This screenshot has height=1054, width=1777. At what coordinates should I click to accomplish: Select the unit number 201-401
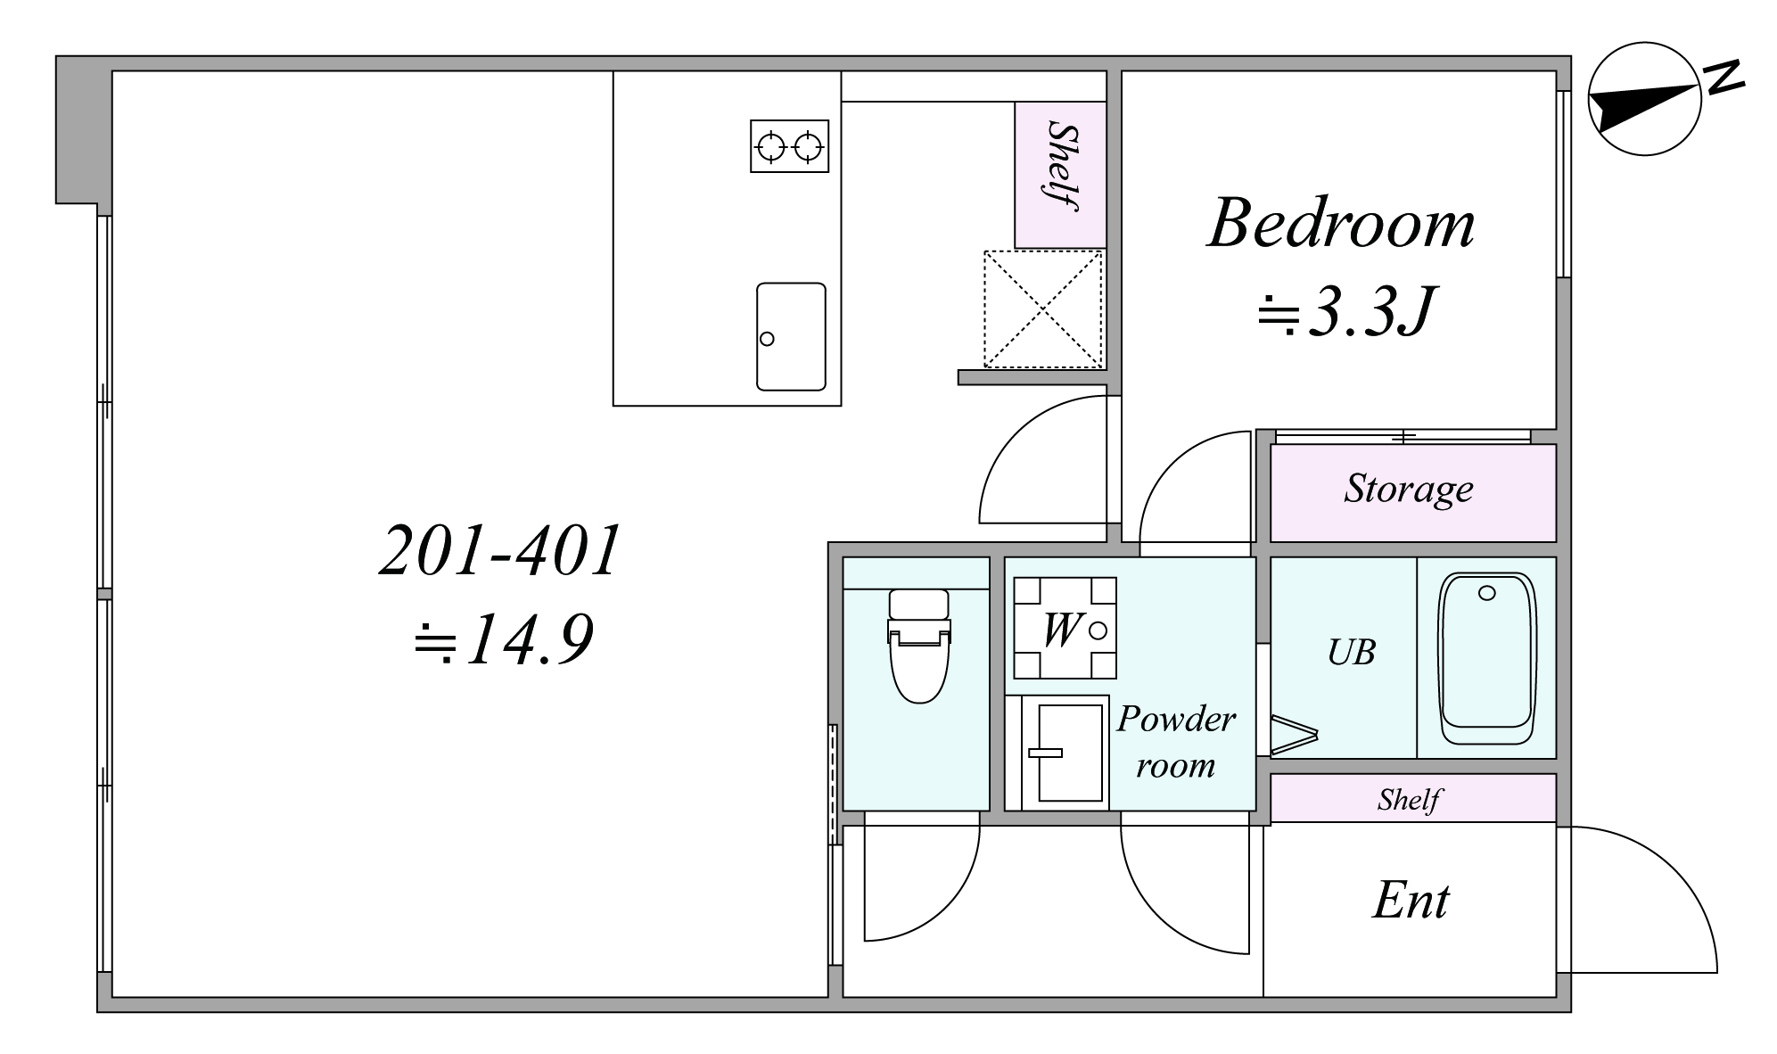500,550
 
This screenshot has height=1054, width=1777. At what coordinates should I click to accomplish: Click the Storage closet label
1409,490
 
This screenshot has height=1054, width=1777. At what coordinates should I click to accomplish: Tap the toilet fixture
919,645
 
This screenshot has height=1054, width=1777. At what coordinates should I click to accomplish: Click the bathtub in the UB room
1486,659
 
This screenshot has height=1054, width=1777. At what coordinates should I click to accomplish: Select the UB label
1351,653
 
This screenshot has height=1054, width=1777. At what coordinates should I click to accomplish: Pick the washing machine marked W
1065,629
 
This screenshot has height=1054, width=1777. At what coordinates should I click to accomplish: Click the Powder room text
1176,742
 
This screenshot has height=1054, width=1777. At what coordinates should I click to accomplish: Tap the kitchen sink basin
791,336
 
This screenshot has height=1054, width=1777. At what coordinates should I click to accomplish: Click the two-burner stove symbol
789,146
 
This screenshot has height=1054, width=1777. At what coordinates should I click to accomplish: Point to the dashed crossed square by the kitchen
1042,309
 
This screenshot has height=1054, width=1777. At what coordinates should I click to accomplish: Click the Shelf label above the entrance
1409,799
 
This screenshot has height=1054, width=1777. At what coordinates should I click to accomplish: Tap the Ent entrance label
1411,900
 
